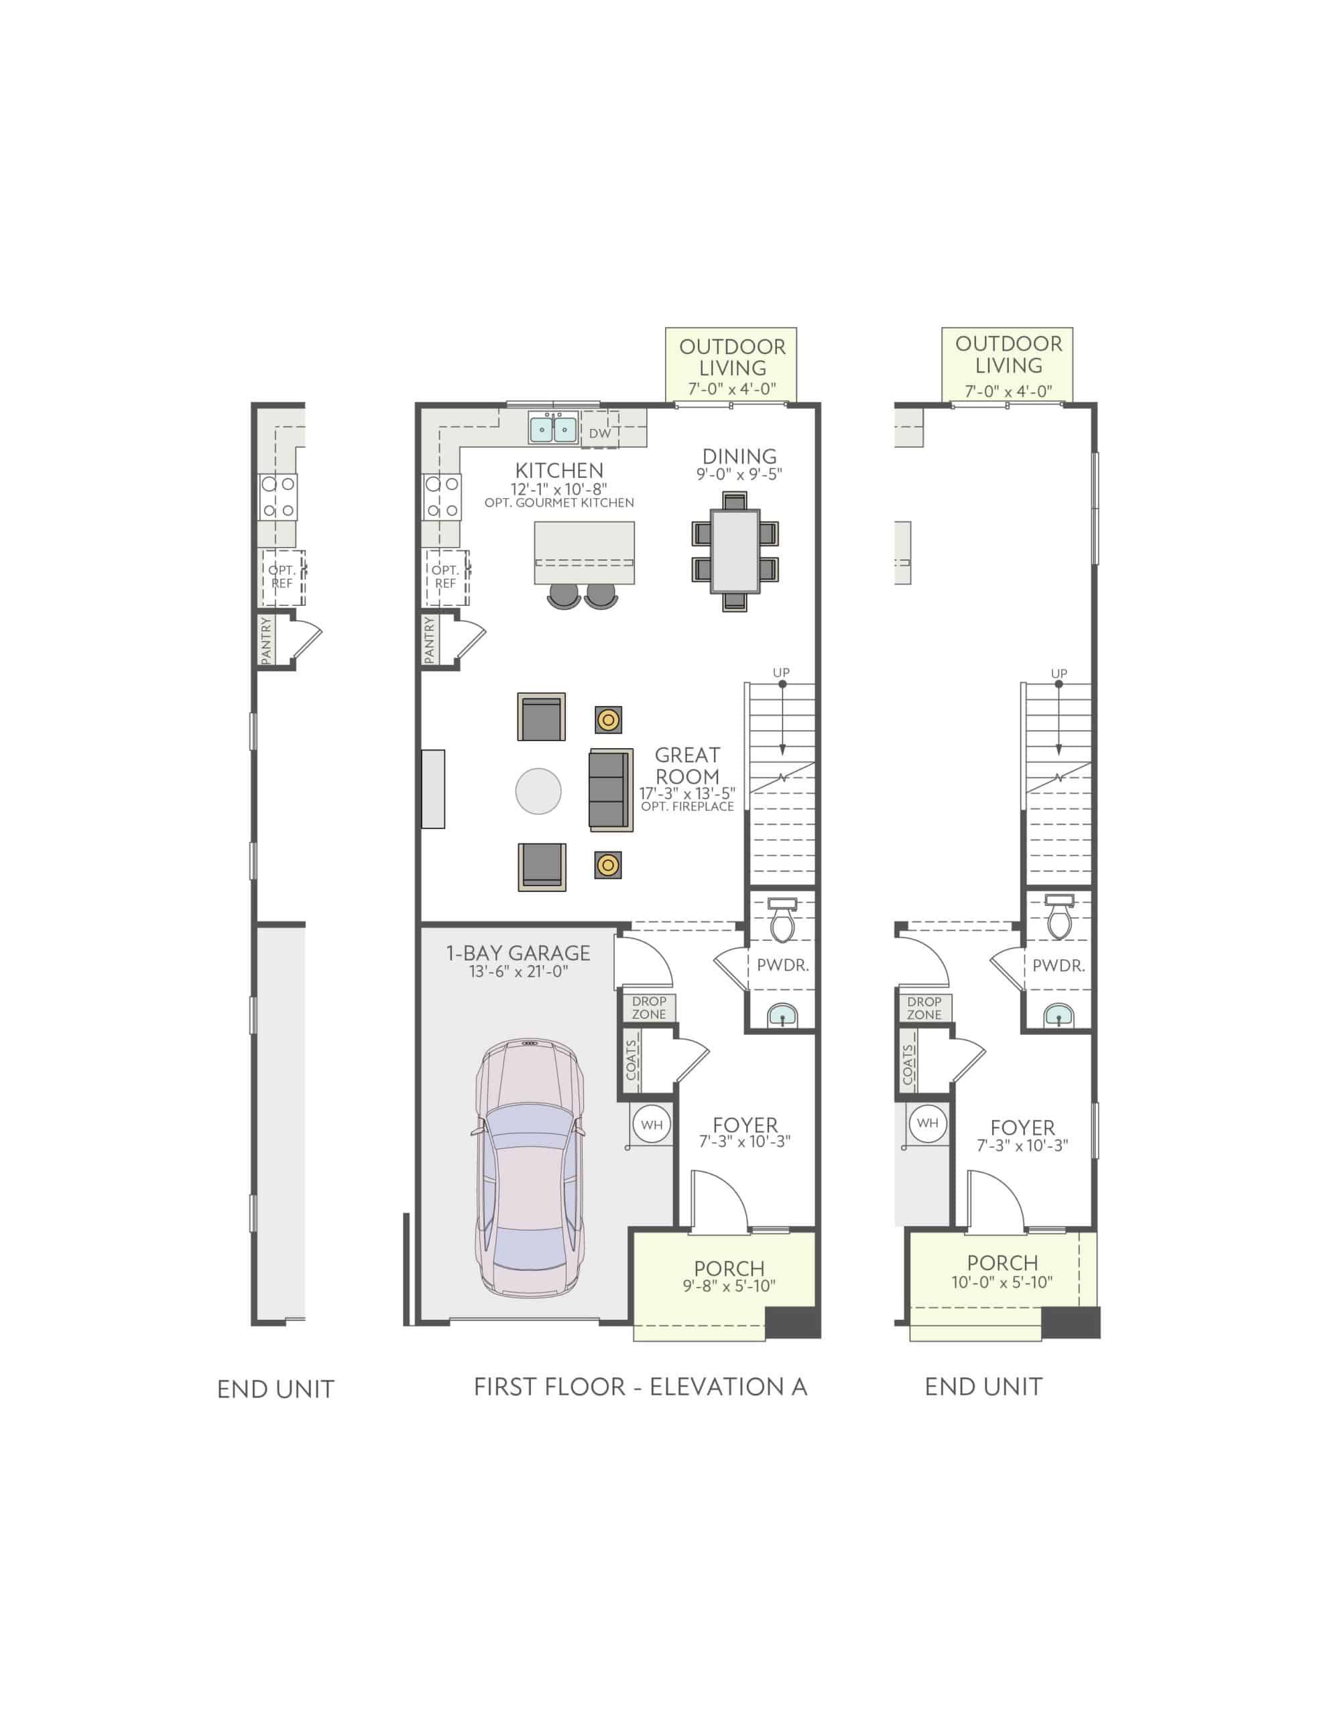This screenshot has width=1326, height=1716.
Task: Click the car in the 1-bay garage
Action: pyautogui.click(x=529, y=1168)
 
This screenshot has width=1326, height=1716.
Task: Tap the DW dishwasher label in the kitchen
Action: pyautogui.click(x=599, y=433)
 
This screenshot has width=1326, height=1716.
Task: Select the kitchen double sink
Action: pyautogui.click(x=552, y=429)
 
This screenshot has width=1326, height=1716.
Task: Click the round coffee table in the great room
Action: pyautogui.click(x=538, y=790)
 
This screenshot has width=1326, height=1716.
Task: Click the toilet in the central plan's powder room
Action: pyautogui.click(x=783, y=921)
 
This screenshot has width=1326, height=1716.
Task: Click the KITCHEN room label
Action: pyautogui.click(x=559, y=470)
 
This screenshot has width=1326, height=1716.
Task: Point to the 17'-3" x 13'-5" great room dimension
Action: pyautogui.click(x=686, y=793)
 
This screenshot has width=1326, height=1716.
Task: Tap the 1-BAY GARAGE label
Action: pyautogui.click(x=518, y=953)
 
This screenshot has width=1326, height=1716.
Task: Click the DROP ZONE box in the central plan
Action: pyautogui.click(x=649, y=1007)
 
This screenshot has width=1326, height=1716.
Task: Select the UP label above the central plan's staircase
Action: pyautogui.click(x=781, y=672)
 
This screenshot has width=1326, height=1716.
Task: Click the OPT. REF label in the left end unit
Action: pyautogui.click(x=282, y=576)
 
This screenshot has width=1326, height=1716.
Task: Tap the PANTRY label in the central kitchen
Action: pyautogui.click(x=429, y=639)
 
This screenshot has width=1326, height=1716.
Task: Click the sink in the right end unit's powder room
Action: pyautogui.click(x=1058, y=1018)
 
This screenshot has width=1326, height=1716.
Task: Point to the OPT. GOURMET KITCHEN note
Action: pyautogui.click(x=559, y=503)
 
